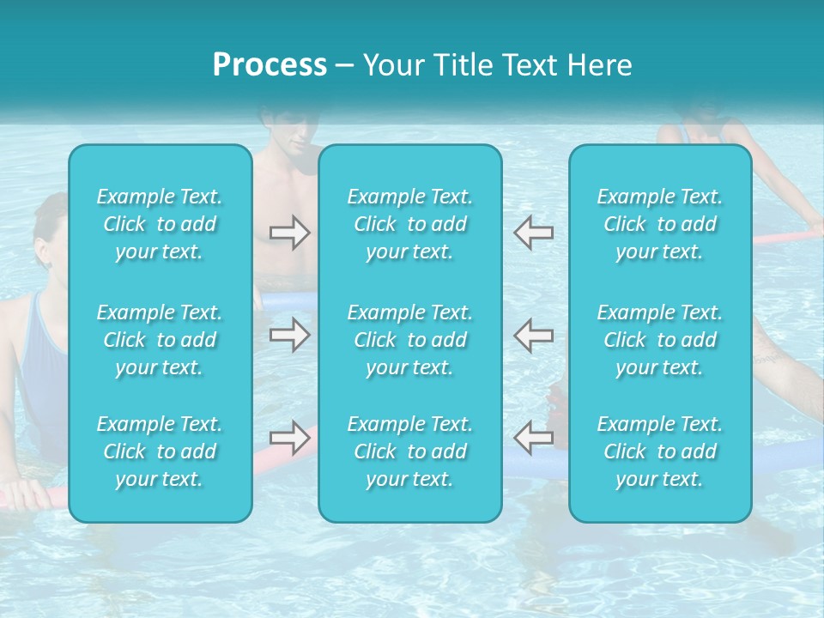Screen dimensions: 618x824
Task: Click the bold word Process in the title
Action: pos(270,64)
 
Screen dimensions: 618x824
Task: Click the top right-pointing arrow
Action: pos(289,233)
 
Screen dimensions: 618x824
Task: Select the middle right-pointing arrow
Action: pos(289,334)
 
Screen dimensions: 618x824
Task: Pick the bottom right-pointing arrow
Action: pos(289,438)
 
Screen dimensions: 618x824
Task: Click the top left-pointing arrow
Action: pos(534,233)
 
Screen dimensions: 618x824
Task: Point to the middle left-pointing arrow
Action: pos(534,334)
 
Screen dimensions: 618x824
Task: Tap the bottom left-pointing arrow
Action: pos(534,438)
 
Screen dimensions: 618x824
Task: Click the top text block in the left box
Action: pos(160,224)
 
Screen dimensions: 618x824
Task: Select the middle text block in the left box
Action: pos(160,340)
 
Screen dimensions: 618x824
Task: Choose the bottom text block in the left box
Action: pos(160,451)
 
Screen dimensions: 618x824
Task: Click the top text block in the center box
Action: pos(410,224)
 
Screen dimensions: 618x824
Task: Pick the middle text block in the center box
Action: pos(410,340)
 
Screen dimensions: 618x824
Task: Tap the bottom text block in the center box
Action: pos(410,451)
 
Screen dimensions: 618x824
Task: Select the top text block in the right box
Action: pos(660,224)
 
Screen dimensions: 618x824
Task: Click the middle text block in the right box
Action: pos(660,340)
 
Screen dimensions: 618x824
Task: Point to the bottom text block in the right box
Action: pos(660,451)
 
